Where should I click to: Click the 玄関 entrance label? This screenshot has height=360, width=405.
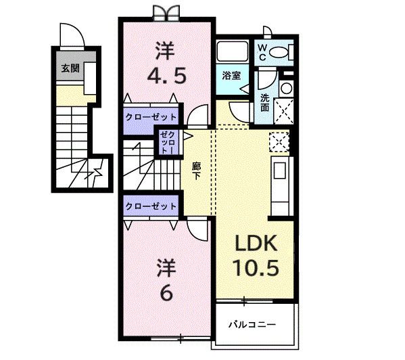70,68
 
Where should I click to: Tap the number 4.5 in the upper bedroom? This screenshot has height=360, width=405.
166,76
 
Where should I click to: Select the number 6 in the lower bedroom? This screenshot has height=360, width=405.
166,293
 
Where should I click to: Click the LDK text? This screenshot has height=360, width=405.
256,243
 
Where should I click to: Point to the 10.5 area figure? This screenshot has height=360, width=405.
256,268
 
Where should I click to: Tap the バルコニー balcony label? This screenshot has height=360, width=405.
252,324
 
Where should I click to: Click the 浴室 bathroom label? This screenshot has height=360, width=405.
231,76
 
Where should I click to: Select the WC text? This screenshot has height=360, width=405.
262,53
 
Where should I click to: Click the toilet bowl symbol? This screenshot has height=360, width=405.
279,53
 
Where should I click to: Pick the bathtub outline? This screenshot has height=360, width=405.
232,51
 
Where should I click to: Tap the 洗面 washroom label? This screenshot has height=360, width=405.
265,103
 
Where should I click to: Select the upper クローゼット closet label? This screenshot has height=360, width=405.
151,117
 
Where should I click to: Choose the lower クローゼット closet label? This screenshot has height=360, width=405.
151,206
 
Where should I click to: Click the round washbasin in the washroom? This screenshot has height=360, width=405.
286,89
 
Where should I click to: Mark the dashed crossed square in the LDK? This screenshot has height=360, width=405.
279,141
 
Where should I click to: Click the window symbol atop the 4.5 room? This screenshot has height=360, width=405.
166,14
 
